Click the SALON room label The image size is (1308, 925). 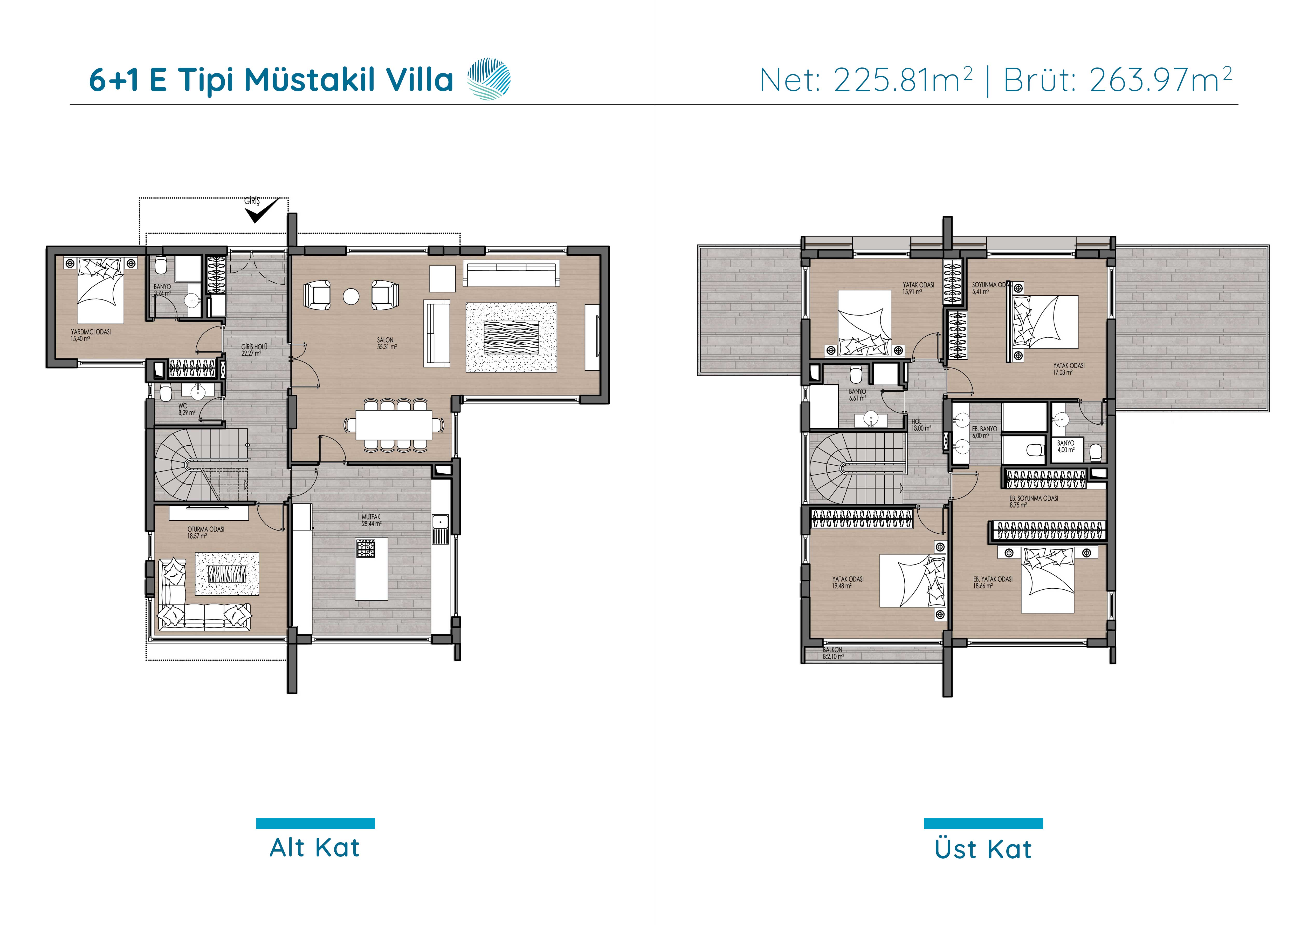[x=385, y=340]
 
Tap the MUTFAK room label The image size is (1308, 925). [x=371, y=517]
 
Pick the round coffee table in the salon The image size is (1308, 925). [x=351, y=296]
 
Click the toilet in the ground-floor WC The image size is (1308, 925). [x=165, y=393]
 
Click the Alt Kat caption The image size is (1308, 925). [x=315, y=847]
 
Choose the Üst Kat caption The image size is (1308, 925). [x=983, y=849]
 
